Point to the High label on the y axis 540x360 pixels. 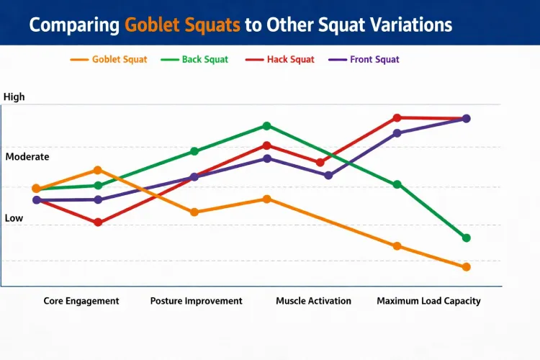(x=14, y=96)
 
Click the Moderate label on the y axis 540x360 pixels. (x=27, y=156)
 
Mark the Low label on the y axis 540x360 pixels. (x=14, y=217)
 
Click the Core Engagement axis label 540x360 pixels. (x=81, y=301)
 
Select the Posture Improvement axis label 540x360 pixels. (x=196, y=301)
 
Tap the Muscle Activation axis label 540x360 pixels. (x=313, y=301)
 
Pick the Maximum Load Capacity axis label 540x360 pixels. (x=428, y=301)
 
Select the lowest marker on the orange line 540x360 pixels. (x=466, y=267)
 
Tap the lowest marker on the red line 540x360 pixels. (x=98, y=222)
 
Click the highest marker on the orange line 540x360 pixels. (x=98, y=170)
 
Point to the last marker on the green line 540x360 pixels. (x=466, y=238)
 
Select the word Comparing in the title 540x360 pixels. (x=74, y=24)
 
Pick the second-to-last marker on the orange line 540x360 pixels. (x=397, y=246)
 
